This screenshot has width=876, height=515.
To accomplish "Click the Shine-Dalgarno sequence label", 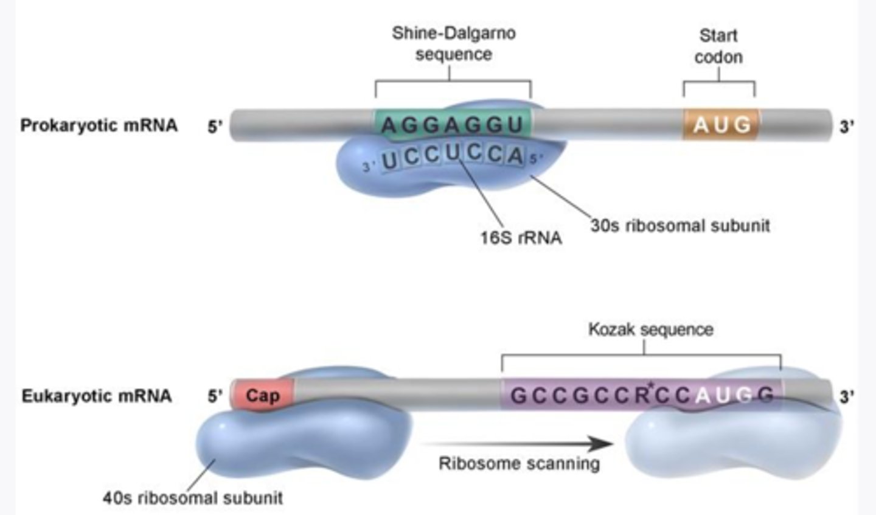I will click(x=453, y=43).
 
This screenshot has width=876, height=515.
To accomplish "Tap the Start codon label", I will click(x=718, y=46).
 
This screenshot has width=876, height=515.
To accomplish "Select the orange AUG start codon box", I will click(x=721, y=125).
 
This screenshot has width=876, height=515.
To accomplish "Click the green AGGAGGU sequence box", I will click(x=453, y=124).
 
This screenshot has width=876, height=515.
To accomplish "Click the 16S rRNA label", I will click(x=520, y=237).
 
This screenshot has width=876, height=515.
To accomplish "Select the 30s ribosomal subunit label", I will click(x=680, y=226).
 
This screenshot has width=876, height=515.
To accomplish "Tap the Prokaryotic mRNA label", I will click(x=99, y=125).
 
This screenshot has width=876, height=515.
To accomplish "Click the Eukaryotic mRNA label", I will click(x=97, y=396).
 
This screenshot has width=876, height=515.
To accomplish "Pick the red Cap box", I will click(x=262, y=396).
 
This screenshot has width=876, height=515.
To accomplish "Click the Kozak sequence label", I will click(x=650, y=329).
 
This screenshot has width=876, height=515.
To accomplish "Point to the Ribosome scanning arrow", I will click(x=517, y=443).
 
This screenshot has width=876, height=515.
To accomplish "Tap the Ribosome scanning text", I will click(x=519, y=464).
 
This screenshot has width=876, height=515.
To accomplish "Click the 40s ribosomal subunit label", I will click(x=192, y=498).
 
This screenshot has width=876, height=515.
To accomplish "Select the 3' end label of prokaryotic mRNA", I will click(x=847, y=127).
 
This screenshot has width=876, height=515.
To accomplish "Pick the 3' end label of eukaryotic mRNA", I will click(x=847, y=397).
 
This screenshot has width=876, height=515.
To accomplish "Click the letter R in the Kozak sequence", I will click(x=642, y=396).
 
